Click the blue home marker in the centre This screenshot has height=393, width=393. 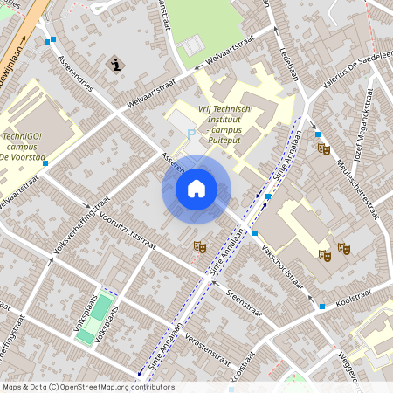click(x=196, y=189)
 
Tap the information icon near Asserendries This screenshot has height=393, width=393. click(x=115, y=64)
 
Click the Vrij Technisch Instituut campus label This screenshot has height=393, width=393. click(x=230, y=123)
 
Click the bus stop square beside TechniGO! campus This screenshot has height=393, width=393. click(x=45, y=163)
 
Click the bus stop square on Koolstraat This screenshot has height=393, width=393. click(x=322, y=307)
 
